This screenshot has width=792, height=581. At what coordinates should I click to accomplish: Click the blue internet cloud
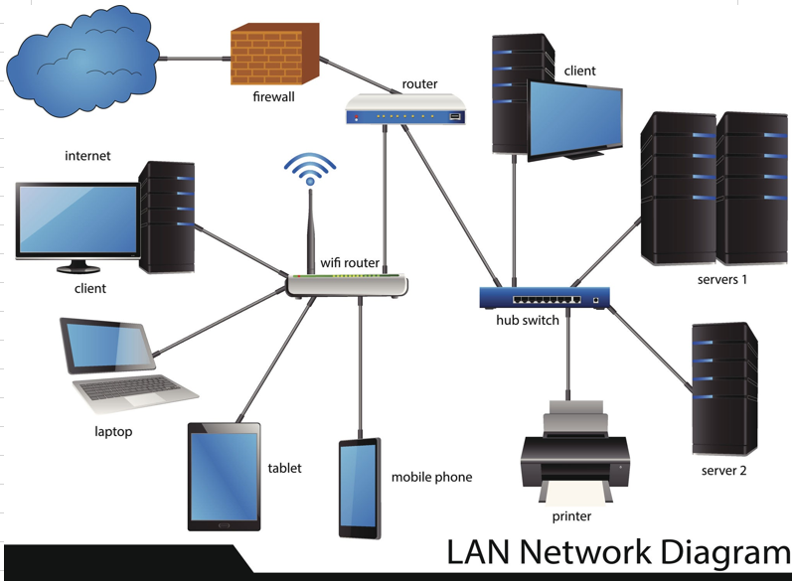click(x=83, y=61)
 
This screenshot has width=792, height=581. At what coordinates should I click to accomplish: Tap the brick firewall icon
click(x=275, y=54)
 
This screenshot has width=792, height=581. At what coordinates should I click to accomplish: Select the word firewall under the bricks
click(x=273, y=96)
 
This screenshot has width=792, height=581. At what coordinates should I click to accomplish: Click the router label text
click(x=419, y=83)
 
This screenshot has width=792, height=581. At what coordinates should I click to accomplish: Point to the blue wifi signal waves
click(x=310, y=168)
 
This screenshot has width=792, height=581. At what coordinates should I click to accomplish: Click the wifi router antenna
click(x=311, y=232)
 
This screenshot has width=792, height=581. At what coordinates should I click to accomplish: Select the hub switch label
click(x=528, y=320)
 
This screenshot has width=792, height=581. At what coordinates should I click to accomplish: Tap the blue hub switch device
click(x=545, y=298)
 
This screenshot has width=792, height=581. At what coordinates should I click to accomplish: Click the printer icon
click(x=574, y=453)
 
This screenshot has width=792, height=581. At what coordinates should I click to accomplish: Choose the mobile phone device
click(x=360, y=488)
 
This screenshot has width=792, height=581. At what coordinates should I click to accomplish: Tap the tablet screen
click(x=224, y=477)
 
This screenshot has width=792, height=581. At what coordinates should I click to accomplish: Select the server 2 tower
click(x=724, y=389)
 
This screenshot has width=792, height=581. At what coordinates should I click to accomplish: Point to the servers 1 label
click(x=721, y=279)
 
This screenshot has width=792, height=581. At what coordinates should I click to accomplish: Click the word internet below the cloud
click(x=87, y=156)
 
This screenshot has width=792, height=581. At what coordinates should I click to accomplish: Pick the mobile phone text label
click(x=432, y=477)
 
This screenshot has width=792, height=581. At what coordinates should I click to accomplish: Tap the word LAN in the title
click(x=478, y=551)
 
